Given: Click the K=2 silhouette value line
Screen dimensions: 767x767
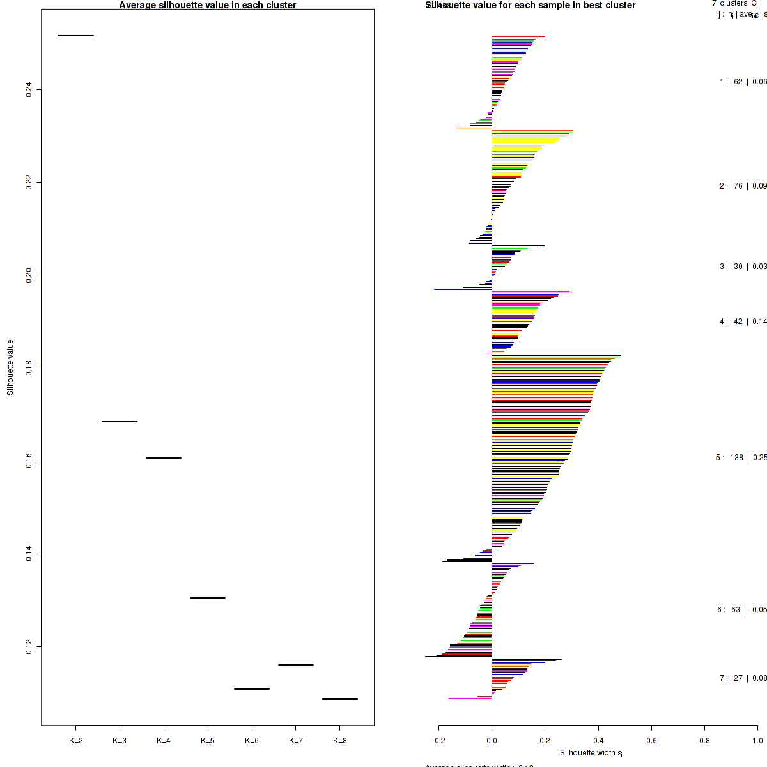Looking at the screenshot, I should tap(75, 35).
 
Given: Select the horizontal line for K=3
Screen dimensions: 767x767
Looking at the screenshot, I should tap(120, 421).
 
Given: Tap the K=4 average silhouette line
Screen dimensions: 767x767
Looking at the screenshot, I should tap(164, 458).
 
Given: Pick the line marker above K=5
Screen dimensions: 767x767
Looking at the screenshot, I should tap(208, 598).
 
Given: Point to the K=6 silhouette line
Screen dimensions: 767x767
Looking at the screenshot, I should tap(252, 688).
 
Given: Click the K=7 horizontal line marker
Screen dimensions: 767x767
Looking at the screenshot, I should tap(296, 665).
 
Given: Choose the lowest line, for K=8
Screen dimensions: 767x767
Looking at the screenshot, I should tap(340, 699).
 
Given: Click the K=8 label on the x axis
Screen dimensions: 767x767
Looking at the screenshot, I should tap(340, 741).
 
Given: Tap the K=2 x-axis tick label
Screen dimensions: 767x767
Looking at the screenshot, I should tap(75, 741).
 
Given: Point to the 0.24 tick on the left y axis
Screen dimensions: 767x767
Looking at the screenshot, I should tap(29, 89).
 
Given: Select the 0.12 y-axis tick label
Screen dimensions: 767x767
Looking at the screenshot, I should tap(29, 646).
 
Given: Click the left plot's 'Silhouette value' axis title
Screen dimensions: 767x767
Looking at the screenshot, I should tap(10, 368).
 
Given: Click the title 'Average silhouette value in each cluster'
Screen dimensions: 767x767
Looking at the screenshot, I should tap(208, 5).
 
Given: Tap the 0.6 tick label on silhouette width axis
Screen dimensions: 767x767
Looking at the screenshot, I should tap(651, 741).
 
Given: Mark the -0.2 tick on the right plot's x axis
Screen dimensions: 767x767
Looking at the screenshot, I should tap(438, 741).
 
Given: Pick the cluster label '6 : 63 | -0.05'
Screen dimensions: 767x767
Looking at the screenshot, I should tap(741, 610).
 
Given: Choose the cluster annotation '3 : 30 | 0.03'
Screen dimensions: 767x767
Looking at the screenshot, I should tap(743, 267).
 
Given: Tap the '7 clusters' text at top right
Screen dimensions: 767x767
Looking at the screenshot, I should tap(729, 4).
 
